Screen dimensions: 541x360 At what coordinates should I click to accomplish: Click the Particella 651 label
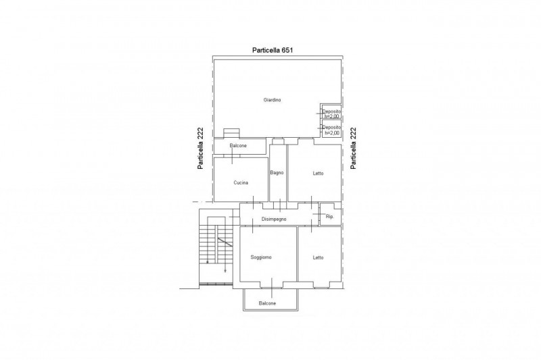pos(273,50)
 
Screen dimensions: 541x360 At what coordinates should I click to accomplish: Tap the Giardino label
pos(273,100)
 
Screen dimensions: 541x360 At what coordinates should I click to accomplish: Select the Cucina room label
pos(241,182)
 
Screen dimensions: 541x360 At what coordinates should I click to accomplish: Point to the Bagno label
pos(277,173)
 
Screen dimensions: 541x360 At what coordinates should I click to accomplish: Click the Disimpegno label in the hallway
pos(274,219)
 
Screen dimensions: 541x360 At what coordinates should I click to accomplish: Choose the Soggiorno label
pos(261,257)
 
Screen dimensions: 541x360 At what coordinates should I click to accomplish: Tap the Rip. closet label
pos(330,217)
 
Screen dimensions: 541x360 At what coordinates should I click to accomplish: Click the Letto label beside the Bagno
pos(318,174)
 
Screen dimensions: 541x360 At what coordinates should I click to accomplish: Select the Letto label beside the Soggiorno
pos(318,258)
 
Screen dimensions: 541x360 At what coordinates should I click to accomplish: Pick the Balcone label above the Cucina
pos(238,146)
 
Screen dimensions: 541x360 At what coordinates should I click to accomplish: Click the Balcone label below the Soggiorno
pos(267,303)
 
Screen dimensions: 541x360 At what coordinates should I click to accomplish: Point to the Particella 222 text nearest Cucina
pos(200,149)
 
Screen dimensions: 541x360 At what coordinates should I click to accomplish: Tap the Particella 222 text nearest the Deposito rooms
pos(353,149)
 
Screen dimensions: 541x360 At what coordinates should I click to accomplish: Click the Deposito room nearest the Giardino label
pos(331,111)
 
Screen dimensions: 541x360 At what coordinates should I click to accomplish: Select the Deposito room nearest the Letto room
pos(331,128)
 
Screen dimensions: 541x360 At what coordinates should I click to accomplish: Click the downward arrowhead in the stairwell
pos(225,271)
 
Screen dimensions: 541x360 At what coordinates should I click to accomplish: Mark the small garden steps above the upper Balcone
pos(231,133)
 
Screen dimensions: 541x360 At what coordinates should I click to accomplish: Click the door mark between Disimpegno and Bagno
pos(280,205)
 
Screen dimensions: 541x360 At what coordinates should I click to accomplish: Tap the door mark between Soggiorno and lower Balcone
pos(272,288)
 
